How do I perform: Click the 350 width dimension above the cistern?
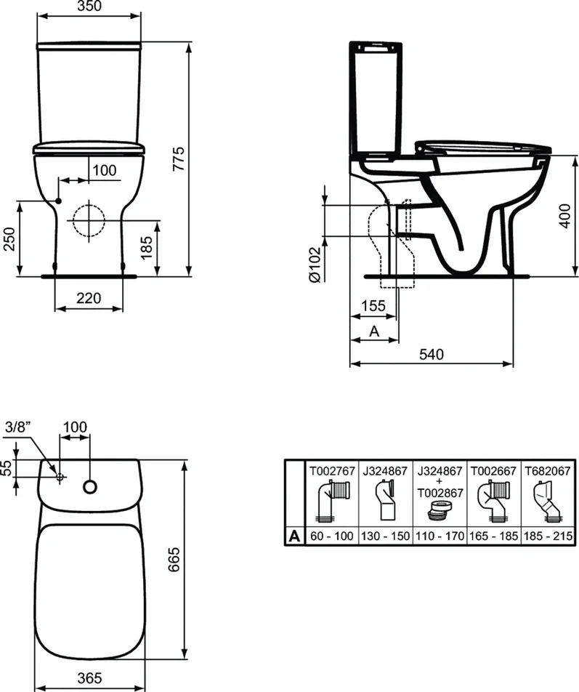point(89,6)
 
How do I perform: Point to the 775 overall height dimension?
point(179,159)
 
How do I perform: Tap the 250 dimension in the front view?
point(9,238)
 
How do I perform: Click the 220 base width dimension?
point(89,298)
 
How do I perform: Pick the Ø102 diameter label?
point(315,265)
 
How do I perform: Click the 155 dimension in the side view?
point(373,306)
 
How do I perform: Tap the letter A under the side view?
point(374,331)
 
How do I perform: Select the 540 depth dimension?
point(432,355)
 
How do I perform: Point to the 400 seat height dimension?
point(565,216)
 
